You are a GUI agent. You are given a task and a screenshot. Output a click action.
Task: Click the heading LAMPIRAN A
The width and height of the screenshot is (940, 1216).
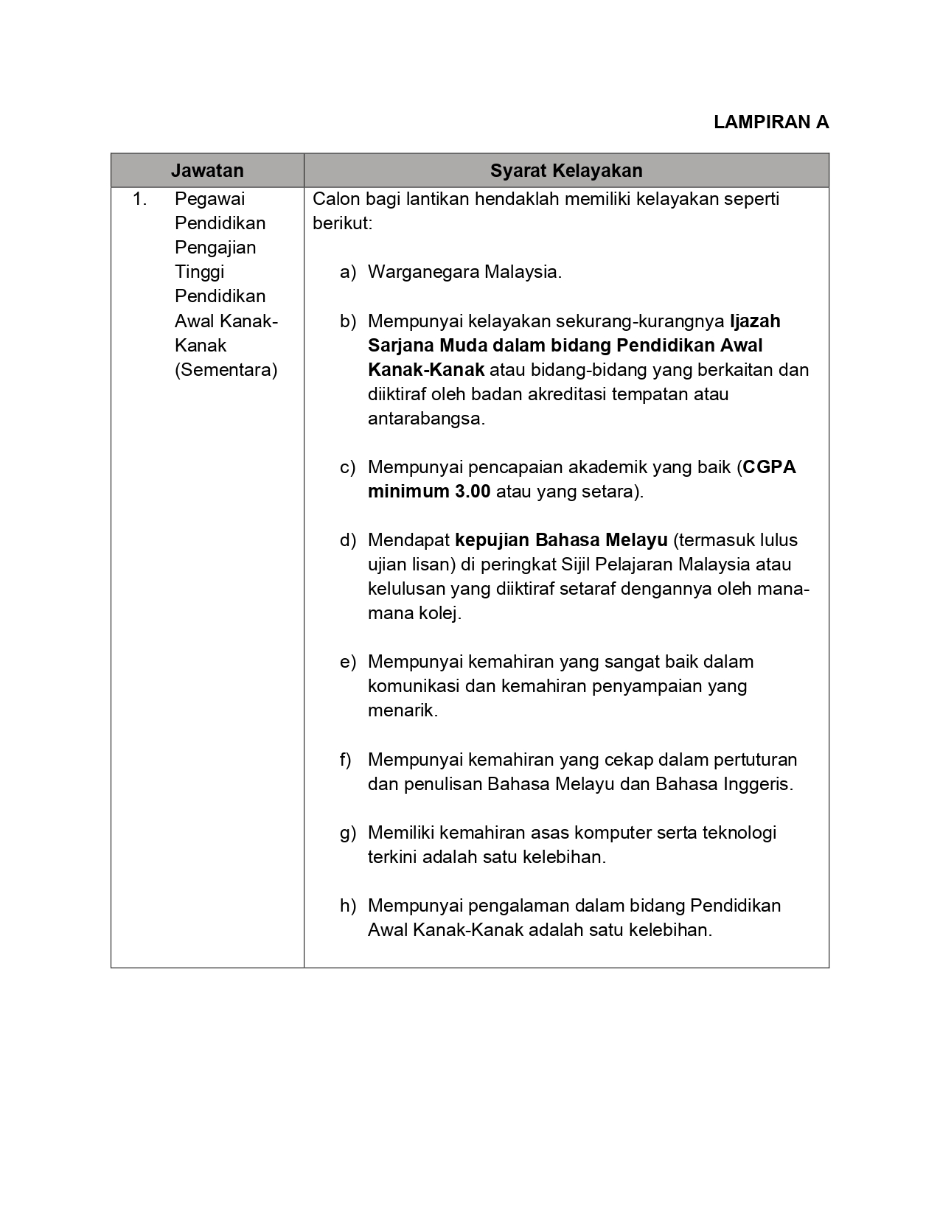point(771,122)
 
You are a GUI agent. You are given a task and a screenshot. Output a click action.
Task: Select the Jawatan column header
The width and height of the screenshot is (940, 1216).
point(207,171)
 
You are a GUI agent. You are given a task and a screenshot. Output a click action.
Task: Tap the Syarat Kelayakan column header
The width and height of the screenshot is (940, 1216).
point(566,171)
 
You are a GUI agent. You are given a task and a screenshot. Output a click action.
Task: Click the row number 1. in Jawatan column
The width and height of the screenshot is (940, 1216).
point(140,199)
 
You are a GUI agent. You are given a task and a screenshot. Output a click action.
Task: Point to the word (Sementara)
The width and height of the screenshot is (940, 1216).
point(226,370)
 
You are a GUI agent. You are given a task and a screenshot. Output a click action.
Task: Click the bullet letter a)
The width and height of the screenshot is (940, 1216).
point(348,272)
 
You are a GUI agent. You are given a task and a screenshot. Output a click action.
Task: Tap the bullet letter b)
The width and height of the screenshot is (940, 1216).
point(348,321)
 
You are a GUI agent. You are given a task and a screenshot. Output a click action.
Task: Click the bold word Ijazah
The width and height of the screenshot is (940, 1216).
point(755,321)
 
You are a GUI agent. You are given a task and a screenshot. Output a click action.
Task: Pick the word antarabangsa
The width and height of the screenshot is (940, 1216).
point(426,419)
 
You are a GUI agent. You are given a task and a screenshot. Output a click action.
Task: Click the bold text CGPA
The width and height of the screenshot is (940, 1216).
point(770,467)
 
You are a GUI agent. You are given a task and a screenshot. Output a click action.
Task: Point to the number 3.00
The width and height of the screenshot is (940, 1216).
point(469,492)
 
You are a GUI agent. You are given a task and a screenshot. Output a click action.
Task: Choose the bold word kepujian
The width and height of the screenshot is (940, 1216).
point(492,540)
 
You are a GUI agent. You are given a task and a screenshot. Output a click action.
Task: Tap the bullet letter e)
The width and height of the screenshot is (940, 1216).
point(348,662)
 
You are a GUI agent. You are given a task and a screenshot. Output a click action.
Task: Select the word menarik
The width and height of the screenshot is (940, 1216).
point(403,710)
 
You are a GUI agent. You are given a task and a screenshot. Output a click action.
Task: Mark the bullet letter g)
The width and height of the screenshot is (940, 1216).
point(348,833)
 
